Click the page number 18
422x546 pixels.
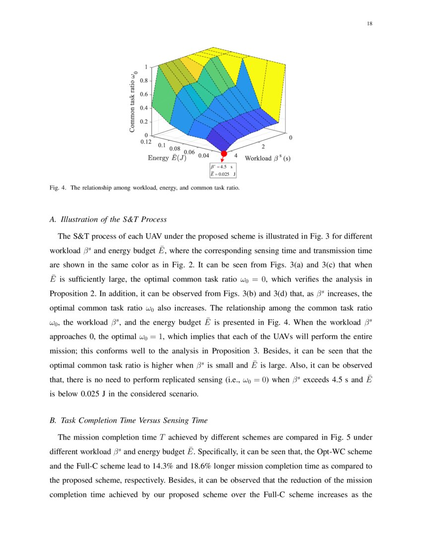[370, 24]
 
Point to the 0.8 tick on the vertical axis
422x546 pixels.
[144, 80]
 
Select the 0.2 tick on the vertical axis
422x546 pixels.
[144, 122]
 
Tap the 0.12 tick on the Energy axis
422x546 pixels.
[146, 141]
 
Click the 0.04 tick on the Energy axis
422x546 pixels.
[203, 155]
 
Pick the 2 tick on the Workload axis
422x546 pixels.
[263, 146]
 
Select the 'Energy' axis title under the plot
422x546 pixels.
[167, 158]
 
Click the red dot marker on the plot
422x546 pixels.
[224, 154]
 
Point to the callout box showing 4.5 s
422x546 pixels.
[223, 170]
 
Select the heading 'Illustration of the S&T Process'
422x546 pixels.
[113, 219]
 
